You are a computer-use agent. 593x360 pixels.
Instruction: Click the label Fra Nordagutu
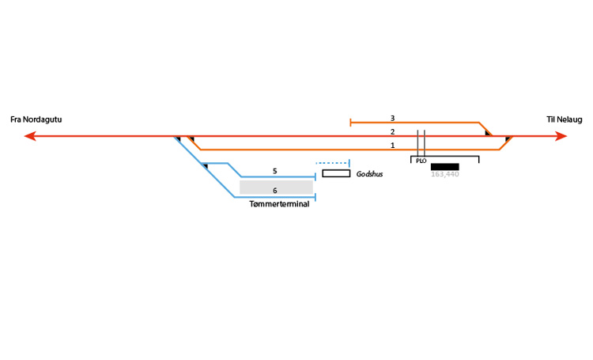[x=36, y=119]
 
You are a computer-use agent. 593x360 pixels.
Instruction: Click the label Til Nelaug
[x=564, y=119]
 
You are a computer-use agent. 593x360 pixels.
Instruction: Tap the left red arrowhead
[x=30, y=136]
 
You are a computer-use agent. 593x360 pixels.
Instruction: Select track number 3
[x=392, y=118]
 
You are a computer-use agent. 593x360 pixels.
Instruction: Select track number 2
[x=392, y=131]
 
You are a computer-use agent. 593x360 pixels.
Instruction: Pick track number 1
[x=392, y=146]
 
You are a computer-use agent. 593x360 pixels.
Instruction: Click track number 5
[x=274, y=171]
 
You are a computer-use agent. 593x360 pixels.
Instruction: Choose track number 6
[x=274, y=191]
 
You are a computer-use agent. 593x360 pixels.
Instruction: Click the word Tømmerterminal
[x=278, y=204]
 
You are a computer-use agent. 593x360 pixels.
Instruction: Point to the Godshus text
[x=369, y=173]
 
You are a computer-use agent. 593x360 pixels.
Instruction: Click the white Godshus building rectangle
[x=336, y=173]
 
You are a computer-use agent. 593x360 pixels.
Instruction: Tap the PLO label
[x=421, y=161]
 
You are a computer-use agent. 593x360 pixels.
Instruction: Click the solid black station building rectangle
[x=444, y=166]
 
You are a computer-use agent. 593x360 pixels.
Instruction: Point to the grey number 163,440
[x=444, y=174]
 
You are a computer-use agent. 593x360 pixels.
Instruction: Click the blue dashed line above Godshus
[x=333, y=162]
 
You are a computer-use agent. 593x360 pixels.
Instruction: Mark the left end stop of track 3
[x=350, y=123]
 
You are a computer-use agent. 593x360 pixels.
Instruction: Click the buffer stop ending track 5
[x=315, y=176]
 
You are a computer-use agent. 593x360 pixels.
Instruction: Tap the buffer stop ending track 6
[x=315, y=197]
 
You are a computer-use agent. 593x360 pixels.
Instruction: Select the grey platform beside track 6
[x=276, y=187]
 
